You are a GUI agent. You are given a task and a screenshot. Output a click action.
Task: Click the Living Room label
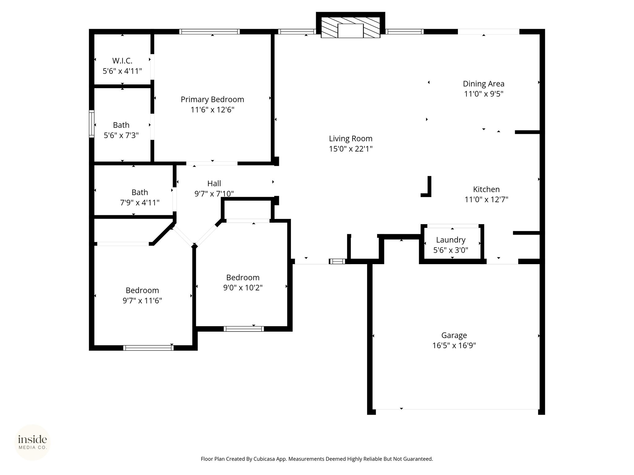click(x=350, y=139)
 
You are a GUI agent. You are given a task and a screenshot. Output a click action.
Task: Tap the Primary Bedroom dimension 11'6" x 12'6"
click(x=212, y=110)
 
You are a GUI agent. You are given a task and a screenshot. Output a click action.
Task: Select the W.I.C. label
click(x=122, y=61)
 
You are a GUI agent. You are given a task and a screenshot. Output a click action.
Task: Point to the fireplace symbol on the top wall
click(x=350, y=28)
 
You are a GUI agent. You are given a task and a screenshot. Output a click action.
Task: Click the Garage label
click(x=454, y=335)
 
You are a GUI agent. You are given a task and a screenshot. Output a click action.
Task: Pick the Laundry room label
click(x=451, y=240)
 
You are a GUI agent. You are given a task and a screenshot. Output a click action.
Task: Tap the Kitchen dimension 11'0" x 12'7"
click(x=486, y=199)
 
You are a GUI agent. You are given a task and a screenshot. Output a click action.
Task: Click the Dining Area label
click(x=484, y=84)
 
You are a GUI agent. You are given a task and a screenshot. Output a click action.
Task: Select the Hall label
click(x=214, y=183)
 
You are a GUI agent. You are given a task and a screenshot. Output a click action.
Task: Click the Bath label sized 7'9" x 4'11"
click(x=140, y=192)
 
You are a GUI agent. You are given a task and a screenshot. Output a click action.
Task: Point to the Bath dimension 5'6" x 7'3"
click(x=121, y=135)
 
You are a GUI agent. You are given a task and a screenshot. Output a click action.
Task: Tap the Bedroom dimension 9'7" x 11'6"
click(x=142, y=301)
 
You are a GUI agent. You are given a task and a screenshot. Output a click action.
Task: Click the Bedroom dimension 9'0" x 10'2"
click(x=243, y=288)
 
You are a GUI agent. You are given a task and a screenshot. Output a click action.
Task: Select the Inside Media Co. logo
click(x=33, y=443)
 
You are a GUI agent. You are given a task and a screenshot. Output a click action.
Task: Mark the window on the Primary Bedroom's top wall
click(x=210, y=32)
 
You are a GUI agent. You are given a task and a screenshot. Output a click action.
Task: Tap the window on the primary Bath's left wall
click(x=92, y=124)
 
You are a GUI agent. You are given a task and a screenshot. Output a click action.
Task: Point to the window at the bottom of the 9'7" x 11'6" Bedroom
click(x=148, y=348)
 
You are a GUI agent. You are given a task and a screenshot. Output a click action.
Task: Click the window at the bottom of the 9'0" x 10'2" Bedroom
click(x=244, y=329)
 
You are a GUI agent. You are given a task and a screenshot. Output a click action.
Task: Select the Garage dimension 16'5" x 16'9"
click(x=454, y=345)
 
